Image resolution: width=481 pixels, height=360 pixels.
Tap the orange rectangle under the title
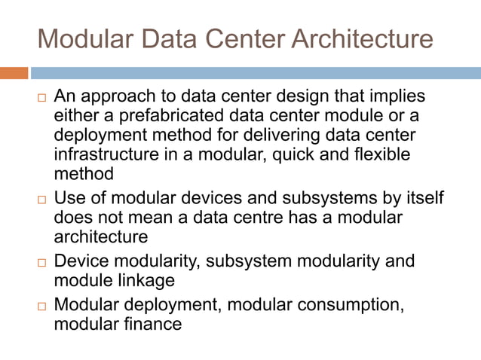pyautogui.click(x=14, y=73)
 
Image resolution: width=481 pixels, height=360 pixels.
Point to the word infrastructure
pyautogui.click(x=105, y=155)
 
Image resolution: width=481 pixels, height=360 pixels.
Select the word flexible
pyautogui.click(x=381, y=155)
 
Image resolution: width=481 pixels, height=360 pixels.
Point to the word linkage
pyautogui.click(x=149, y=280)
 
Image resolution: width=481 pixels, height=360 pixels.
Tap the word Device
pyautogui.click(x=80, y=261)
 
